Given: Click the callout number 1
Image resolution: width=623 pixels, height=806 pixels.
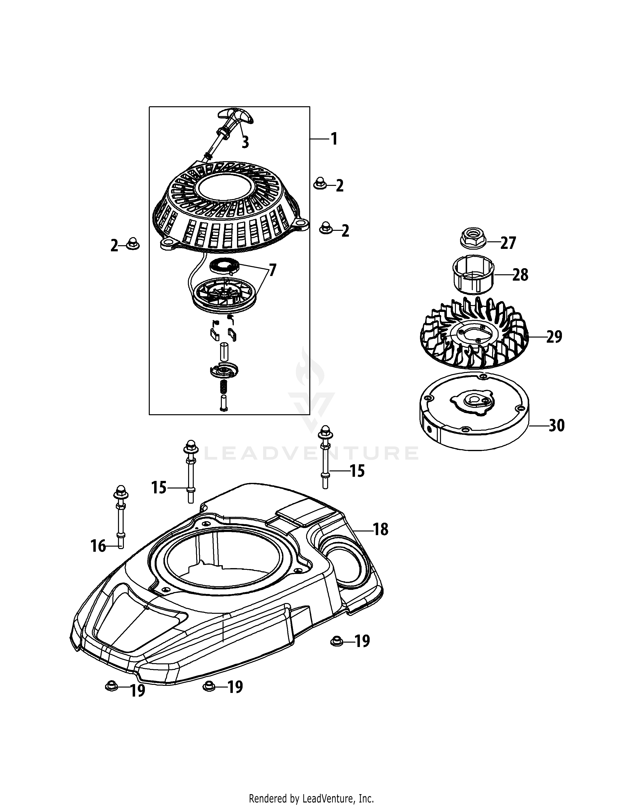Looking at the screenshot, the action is click(x=334, y=139).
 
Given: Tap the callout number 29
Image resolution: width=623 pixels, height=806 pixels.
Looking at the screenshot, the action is click(x=554, y=337).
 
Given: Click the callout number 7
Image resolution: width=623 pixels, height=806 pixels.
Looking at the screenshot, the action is click(x=272, y=271).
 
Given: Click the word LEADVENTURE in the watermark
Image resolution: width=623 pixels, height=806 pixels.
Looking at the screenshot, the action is click(x=311, y=453).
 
